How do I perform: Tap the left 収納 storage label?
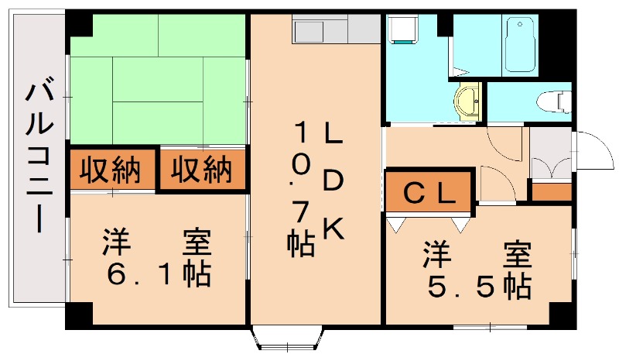tap(112, 169)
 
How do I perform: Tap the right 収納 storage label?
tap(201, 169)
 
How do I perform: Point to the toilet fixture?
tap(553, 100)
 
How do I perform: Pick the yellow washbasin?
tap(467, 101)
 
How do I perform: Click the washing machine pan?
tap(404, 31)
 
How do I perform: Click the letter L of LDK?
tap(333, 134)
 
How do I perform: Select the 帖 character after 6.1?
tap(197, 273)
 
